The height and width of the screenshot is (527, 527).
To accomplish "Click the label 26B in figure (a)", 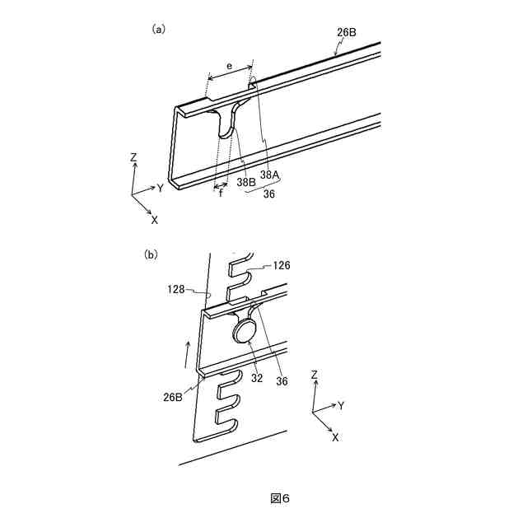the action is (x=347, y=34).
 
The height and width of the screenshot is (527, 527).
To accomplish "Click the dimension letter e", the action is (x=230, y=65).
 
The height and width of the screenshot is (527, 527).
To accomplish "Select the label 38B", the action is (x=245, y=181).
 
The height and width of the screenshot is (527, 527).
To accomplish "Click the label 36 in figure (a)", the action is (x=269, y=195).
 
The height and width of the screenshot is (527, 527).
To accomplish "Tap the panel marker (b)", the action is (x=151, y=254).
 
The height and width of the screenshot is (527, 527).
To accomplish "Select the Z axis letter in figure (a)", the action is (x=133, y=156).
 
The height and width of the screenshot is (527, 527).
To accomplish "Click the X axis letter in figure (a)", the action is (x=154, y=220).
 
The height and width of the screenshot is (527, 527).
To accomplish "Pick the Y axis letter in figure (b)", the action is (x=339, y=405).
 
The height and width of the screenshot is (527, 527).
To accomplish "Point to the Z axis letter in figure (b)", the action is (x=314, y=375).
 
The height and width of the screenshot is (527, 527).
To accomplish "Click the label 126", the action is (x=282, y=265).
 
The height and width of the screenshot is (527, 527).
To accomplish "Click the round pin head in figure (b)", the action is (x=244, y=331).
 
